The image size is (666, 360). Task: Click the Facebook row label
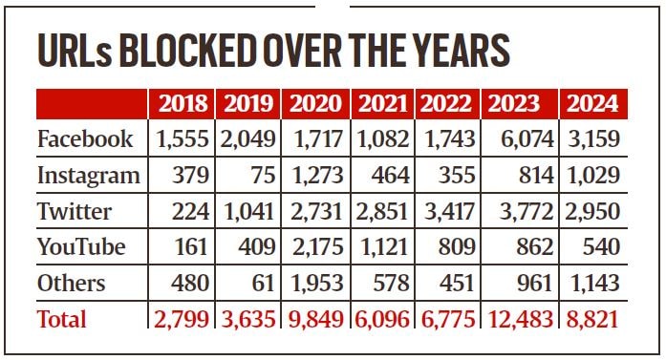point(85,139)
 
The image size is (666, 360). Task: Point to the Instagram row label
point(88,176)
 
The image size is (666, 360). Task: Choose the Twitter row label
point(75,211)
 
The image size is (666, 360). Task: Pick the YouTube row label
point(81,247)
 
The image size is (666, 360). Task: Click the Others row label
point(72,283)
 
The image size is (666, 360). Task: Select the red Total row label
point(62,318)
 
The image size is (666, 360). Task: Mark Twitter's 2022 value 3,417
point(449,211)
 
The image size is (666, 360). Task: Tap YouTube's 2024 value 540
point(600,247)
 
